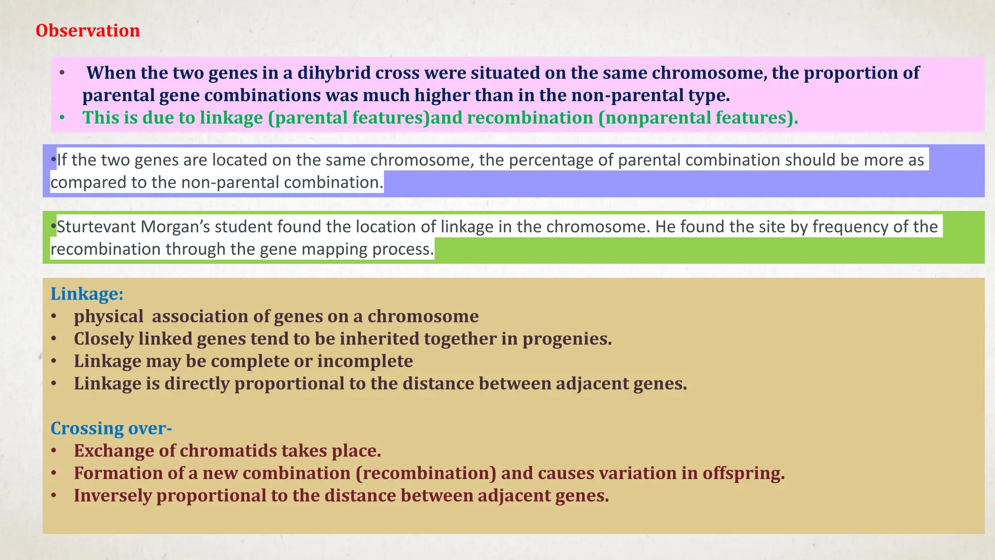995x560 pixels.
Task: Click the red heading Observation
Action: point(87,31)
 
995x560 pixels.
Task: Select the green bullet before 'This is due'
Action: point(62,118)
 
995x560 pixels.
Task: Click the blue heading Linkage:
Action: point(87,294)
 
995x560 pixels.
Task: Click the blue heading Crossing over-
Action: point(111,428)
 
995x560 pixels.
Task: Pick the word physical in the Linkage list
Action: point(108,316)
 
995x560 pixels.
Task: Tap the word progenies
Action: point(566,339)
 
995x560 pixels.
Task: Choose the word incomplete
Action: point(365,361)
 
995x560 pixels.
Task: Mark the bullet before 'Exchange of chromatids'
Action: point(54,451)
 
